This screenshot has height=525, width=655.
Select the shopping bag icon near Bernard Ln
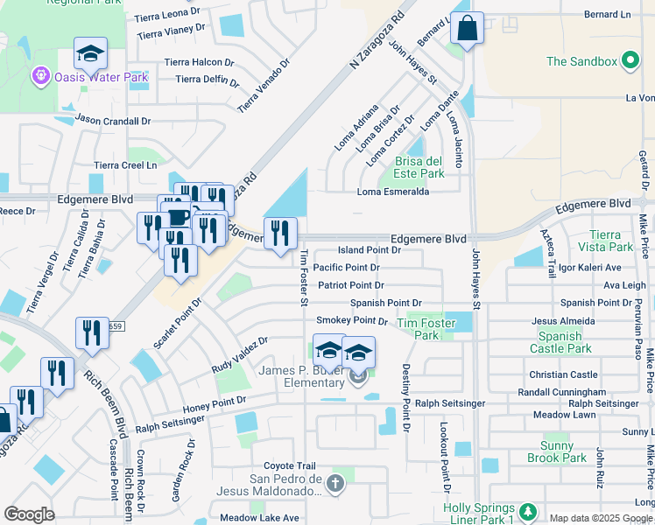pos(468,28)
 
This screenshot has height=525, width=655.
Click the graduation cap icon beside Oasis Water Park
pos(90,54)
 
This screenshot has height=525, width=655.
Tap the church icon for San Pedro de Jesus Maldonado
pos(334,483)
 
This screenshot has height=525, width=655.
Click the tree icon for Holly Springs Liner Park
pos(526,511)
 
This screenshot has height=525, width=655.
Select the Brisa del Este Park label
pos(419,167)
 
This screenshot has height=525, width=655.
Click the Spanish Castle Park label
pos(560,342)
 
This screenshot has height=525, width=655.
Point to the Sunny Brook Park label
pos(558,451)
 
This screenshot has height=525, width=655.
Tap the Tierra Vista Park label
pos(605,241)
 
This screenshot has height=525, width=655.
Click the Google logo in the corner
pos(29,514)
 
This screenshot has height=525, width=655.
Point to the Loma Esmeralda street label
pos(392,192)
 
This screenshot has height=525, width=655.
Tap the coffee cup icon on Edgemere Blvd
pos(179,217)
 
